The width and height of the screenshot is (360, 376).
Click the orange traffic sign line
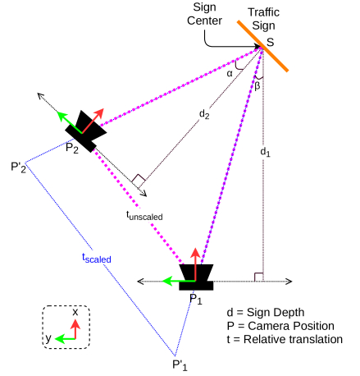pyautogui.click(x=262, y=46)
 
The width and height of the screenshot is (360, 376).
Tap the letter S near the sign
pyautogui.click(x=270, y=43)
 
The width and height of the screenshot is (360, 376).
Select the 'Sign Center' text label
pyautogui.click(x=204, y=14)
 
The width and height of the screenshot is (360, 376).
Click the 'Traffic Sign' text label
pyautogui.click(x=263, y=19)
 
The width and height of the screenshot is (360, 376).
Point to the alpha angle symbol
pyautogui.click(x=230, y=73)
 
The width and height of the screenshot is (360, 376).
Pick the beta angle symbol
pyautogui.click(x=257, y=86)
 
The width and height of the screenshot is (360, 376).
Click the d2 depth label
pyautogui.click(x=204, y=114)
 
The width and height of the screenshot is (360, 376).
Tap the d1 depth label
pyautogui.click(x=265, y=152)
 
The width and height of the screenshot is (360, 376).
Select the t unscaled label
pyautogui.click(x=144, y=216)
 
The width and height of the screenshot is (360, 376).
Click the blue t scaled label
pyautogui.click(x=97, y=258)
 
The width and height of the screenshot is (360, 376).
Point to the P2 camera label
pyautogui.click(x=72, y=149)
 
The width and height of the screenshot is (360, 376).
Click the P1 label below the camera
pyautogui.click(x=196, y=299)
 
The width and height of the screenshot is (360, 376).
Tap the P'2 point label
pyautogui.click(x=19, y=167)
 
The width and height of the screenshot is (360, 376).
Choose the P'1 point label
pyautogui.click(x=180, y=365)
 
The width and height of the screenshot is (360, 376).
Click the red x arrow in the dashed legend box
pyautogui.click(x=75, y=329)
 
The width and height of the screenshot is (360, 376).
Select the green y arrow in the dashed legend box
pyautogui.click(x=65, y=339)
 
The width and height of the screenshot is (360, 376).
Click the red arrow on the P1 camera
pyautogui.click(x=195, y=264)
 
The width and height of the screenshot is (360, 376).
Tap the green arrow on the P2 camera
pyautogui.click(x=69, y=122)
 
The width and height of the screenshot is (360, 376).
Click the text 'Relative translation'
pyautogui.click(x=293, y=339)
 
